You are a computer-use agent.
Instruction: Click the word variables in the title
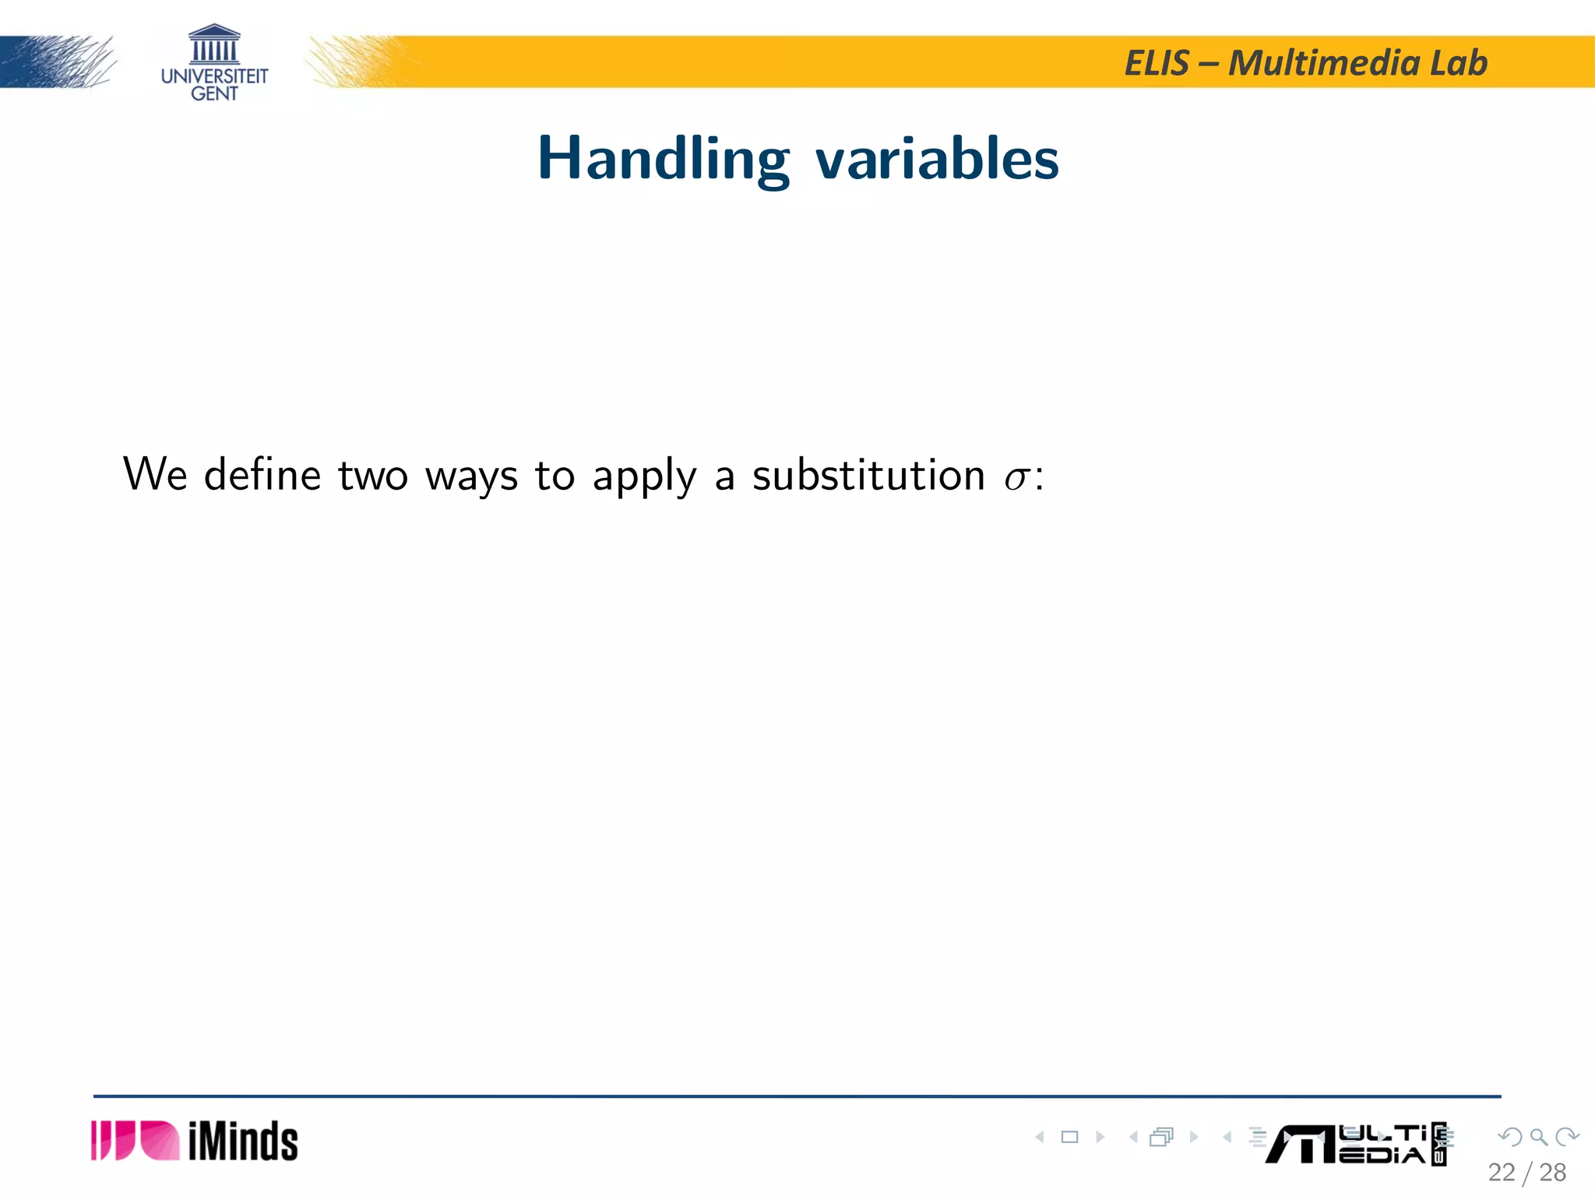click(937, 159)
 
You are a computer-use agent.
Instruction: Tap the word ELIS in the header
click(1157, 63)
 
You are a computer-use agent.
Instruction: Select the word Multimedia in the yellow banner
click(1324, 63)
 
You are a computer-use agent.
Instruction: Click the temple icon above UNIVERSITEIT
click(214, 44)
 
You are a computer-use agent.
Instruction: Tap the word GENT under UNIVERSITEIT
click(214, 93)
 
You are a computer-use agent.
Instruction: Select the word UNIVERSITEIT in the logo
click(214, 76)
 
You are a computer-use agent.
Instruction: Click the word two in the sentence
click(373, 475)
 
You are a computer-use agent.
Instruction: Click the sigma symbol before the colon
click(1016, 477)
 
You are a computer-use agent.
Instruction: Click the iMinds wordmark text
click(243, 1141)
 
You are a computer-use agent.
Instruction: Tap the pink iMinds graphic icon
click(135, 1141)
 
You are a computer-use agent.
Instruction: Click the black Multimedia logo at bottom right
click(1355, 1144)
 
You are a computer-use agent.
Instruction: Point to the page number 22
click(1501, 1172)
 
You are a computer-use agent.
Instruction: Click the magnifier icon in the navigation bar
click(1538, 1137)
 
